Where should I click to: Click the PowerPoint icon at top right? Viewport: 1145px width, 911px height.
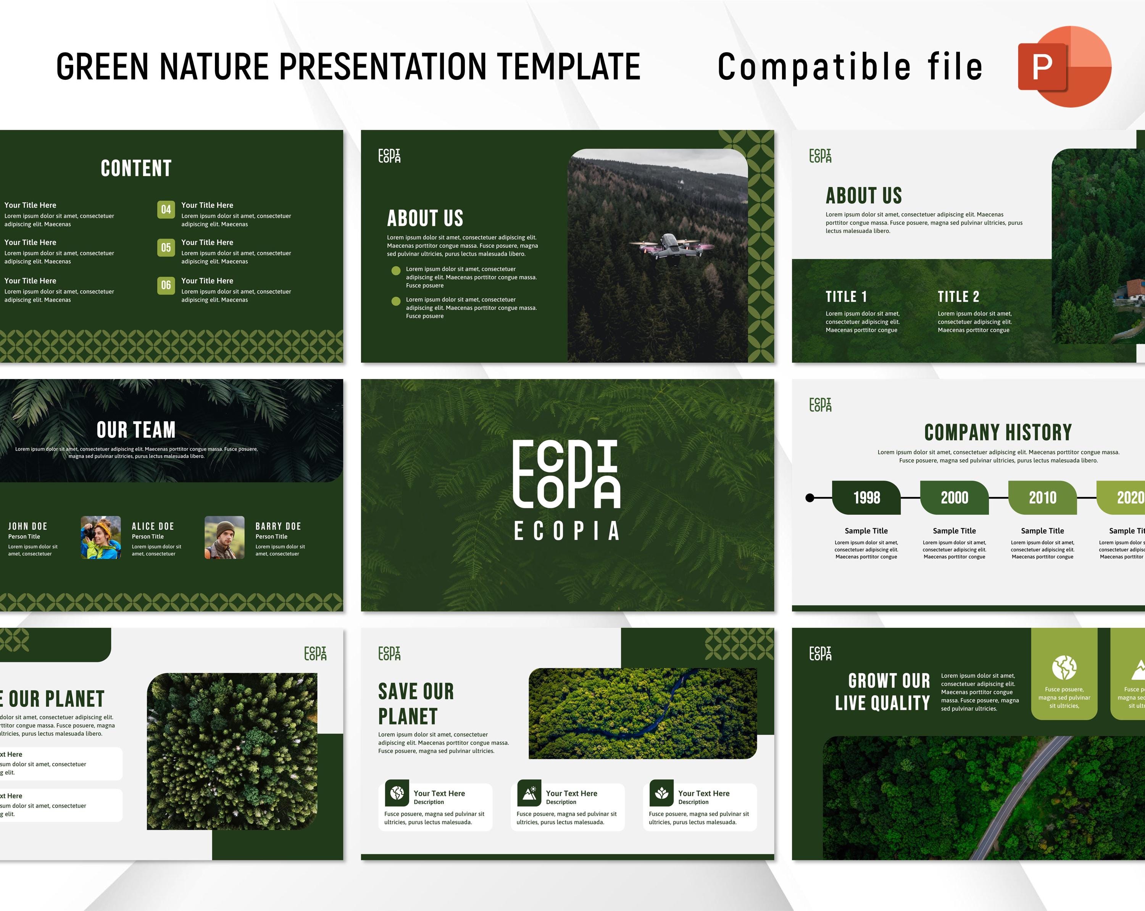(x=1064, y=66)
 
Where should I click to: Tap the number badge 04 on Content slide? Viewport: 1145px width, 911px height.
(x=166, y=209)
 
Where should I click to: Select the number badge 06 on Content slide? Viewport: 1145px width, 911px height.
(x=166, y=285)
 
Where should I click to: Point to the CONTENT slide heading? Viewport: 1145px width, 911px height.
(x=136, y=168)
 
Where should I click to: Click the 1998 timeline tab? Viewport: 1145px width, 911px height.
(x=866, y=498)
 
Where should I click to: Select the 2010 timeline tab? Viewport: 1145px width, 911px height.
(x=1042, y=498)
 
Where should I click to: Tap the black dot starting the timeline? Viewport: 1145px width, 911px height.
(x=810, y=498)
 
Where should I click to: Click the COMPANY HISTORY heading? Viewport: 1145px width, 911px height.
(x=998, y=432)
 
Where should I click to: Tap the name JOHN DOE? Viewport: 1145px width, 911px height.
(x=27, y=526)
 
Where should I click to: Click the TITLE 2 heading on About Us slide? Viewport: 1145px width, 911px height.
(x=958, y=297)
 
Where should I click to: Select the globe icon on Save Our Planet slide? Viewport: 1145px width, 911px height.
(x=397, y=793)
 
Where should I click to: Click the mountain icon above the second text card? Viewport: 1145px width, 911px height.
(x=529, y=793)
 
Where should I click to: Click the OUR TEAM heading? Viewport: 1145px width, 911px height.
(x=136, y=430)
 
